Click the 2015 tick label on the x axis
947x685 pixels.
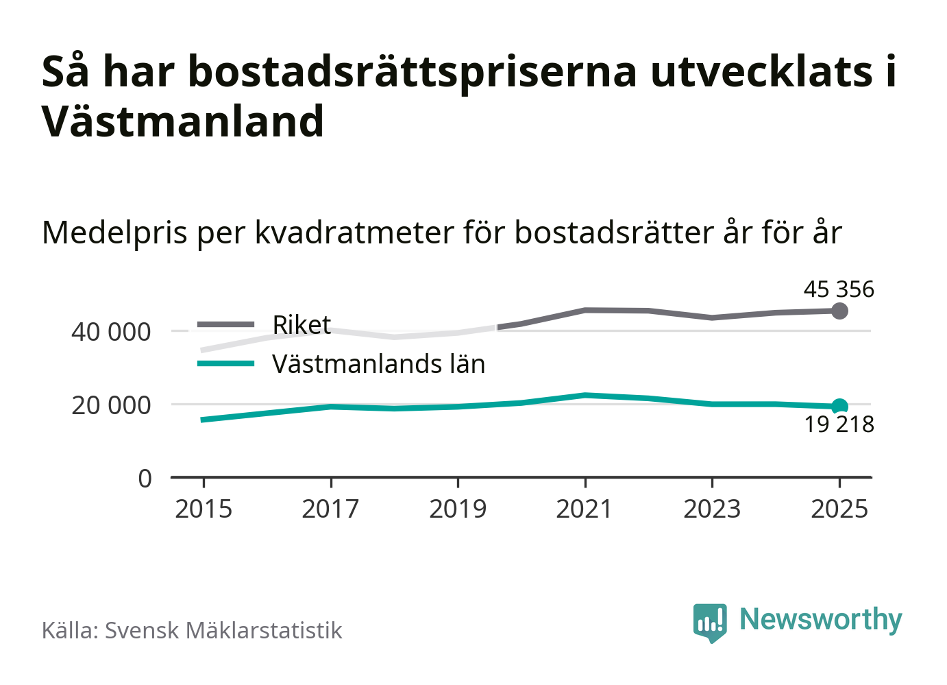(x=204, y=509)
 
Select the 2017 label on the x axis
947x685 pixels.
(x=330, y=509)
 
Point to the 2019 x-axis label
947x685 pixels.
(x=458, y=509)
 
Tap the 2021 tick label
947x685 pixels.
(x=585, y=509)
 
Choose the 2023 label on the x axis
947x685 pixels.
(x=712, y=509)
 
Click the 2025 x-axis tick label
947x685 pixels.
(x=839, y=509)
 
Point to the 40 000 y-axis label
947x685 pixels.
(x=111, y=332)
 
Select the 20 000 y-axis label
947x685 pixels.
(x=111, y=405)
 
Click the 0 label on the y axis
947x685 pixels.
(x=145, y=478)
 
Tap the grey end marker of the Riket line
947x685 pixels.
(x=839, y=311)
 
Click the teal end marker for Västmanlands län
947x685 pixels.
(x=839, y=406)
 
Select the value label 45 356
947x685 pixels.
(x=839, y=289)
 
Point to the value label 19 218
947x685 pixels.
(x=839, y=424)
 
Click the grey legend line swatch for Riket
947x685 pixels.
(x=225, y=324)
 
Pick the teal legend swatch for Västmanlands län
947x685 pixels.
(x=225, y=363)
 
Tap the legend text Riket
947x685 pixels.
(x=302, y=324)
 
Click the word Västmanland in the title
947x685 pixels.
(x=183, y=121)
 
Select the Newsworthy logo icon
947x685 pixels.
(x=709, y=622)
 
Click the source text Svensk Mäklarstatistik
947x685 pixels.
(x=223, y=630)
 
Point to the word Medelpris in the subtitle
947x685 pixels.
(x=114, y=232)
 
